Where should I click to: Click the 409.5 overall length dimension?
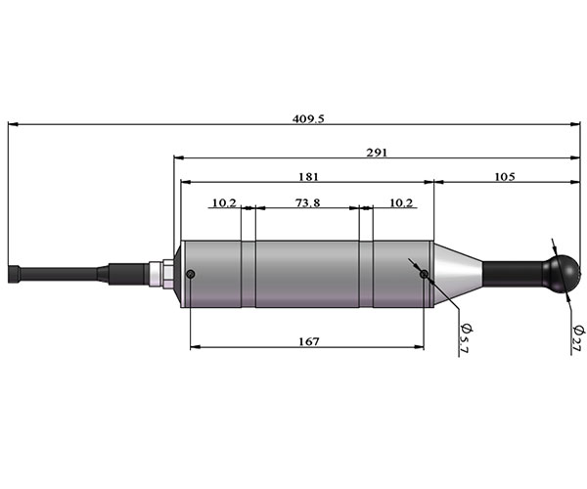308,119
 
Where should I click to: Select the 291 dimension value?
377,153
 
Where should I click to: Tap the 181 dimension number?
308,177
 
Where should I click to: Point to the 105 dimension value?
505,177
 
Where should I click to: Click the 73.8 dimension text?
308,202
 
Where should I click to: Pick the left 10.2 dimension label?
224,202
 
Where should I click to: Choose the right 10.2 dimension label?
401,202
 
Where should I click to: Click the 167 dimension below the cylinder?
309,341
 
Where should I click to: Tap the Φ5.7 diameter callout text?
467,337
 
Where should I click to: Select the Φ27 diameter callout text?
578,338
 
